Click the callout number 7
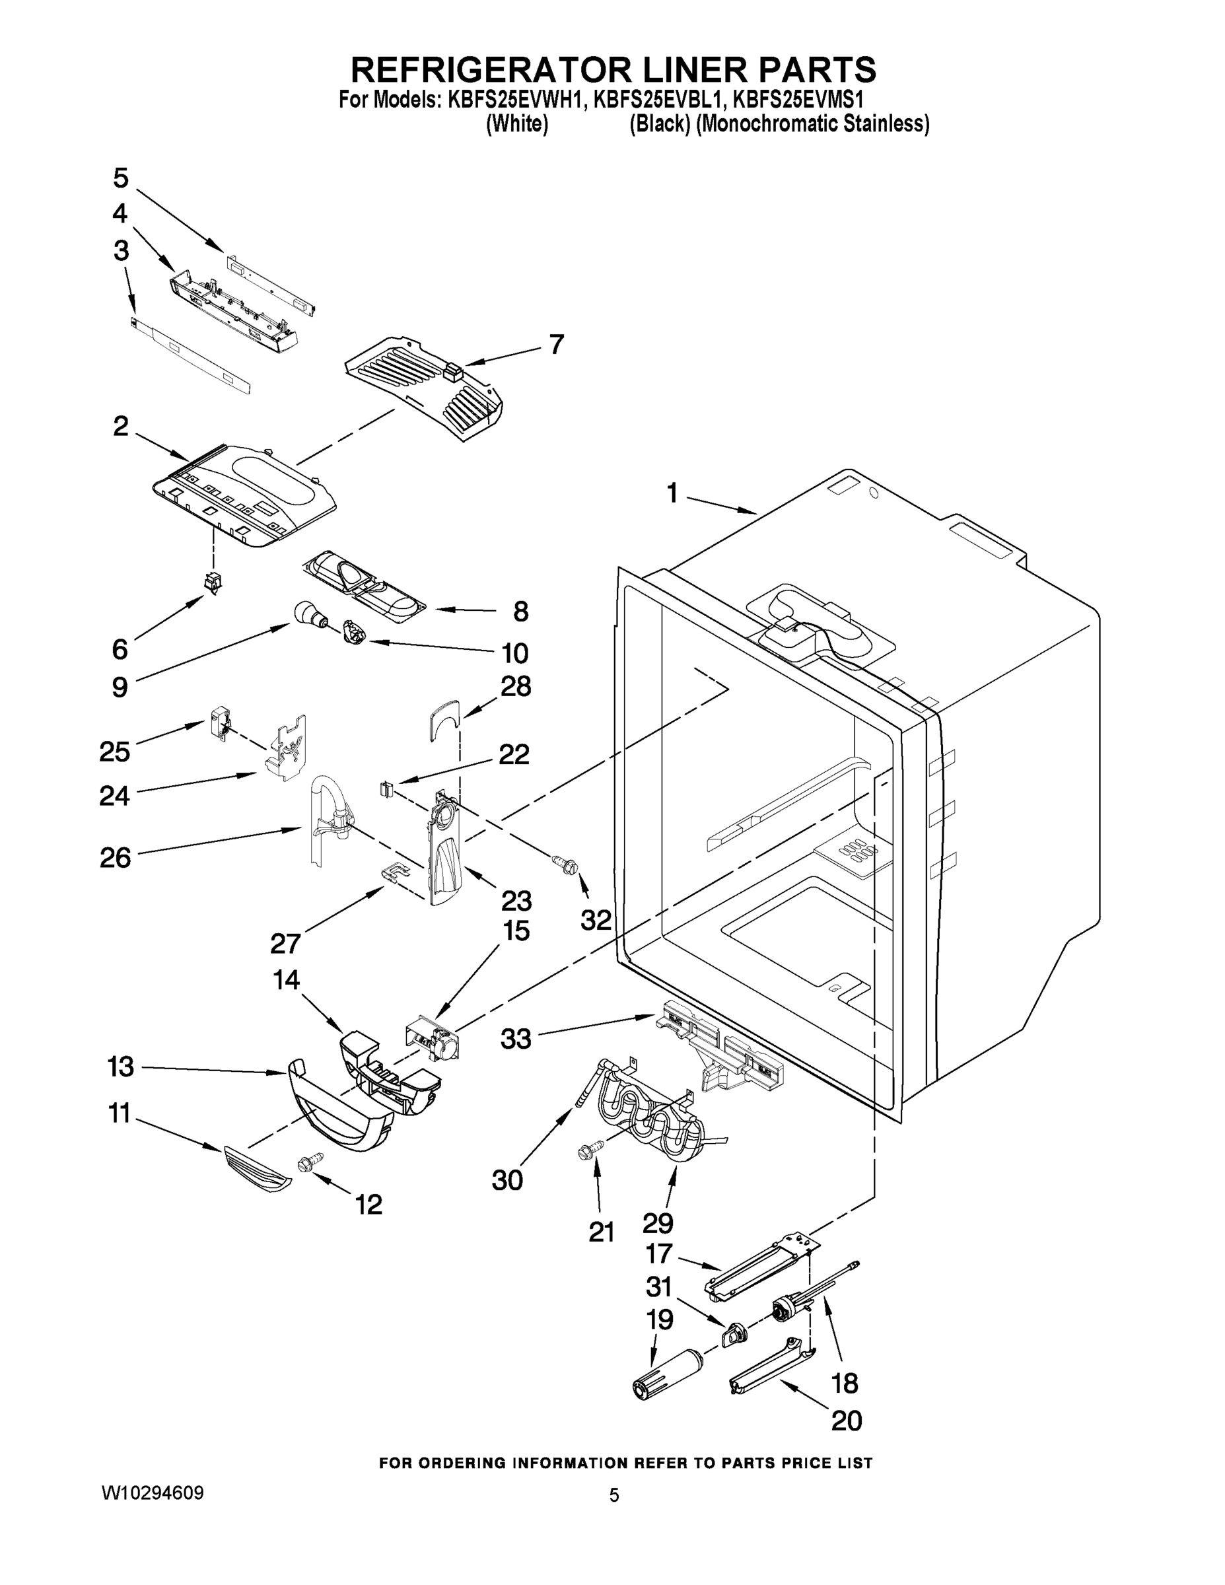(556, 344)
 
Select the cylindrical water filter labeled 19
(666, 1374)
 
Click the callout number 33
(516, 1039)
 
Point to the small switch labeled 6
(213, 582)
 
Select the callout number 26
(116, 858)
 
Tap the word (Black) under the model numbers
(659, 124)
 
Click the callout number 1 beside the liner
(672, 494)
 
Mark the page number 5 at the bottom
(614, 1496)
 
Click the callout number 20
(846, 1421)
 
